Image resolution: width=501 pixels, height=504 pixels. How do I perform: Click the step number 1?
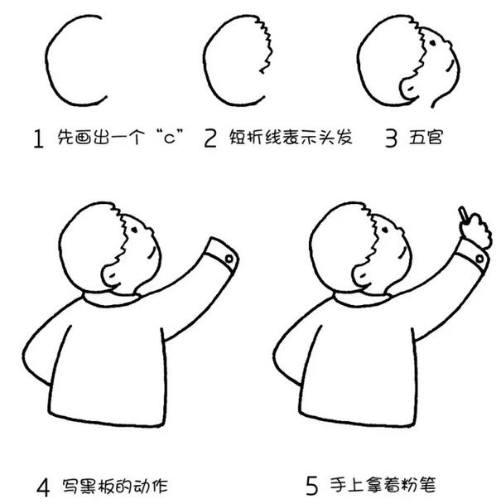(37, 138)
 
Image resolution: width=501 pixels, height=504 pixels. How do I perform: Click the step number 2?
(210, 138)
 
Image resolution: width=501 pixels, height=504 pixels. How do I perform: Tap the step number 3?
(391, 138)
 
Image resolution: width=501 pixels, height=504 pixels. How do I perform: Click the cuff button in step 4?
(229, 259)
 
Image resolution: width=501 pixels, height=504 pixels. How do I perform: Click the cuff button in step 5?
(481, 259)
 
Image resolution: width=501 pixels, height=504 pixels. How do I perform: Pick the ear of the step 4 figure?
(109, 275)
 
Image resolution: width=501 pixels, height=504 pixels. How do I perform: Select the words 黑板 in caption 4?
(91, 482)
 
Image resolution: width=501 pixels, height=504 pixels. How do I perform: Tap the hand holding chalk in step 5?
(474, 232)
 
